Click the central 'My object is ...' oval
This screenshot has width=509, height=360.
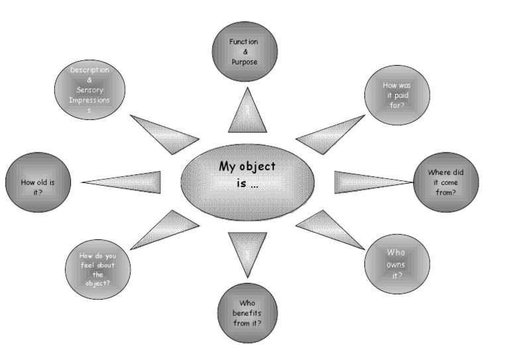(x=247, y=182)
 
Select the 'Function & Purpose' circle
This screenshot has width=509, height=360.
(x=244, y=52)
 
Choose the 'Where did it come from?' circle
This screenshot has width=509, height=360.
(x=445, y=182)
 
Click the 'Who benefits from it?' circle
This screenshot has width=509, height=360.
(x=247, y=312)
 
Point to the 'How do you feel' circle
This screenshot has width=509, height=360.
(x=98, y=269)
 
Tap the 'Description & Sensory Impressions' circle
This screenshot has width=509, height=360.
(x=89, y=90)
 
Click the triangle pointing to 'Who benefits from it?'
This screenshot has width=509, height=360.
(x=247, y=249)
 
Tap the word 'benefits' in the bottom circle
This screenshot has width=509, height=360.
(x=247, y=313)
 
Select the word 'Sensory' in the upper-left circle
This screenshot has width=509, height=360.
(x=90, y=90)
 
